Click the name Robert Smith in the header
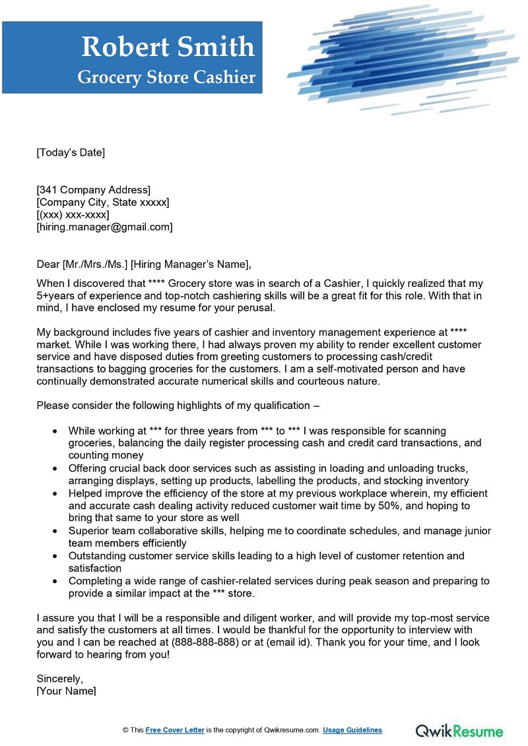168,47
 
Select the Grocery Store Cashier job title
166,77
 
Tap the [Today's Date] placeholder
71,153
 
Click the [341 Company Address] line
93,191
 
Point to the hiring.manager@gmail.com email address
104,227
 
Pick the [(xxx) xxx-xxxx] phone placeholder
73,215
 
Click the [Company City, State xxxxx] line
102,202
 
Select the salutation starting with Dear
144,264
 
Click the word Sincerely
60,679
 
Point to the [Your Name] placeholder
66,691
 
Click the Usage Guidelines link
353,730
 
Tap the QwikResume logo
459,730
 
